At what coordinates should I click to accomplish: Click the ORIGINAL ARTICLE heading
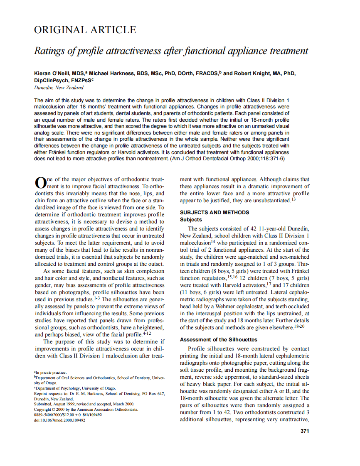tap(85, 30)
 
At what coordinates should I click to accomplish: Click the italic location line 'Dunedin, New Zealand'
tap(59, 88)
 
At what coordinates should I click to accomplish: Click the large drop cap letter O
tap(39, 183)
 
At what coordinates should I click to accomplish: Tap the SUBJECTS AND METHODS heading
tap(215, 213)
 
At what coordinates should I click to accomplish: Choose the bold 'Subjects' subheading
tap(191, 219)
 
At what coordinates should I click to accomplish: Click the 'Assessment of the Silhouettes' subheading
tap(219, 340)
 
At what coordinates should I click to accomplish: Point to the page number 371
tap(305, 431)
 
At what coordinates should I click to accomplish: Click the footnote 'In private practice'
tap(51, 373)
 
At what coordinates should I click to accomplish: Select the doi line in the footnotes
tap(59, 420)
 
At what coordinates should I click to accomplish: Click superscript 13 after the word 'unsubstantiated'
tap(293, 200)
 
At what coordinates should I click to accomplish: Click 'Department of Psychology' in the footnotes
tap(59, 388)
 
